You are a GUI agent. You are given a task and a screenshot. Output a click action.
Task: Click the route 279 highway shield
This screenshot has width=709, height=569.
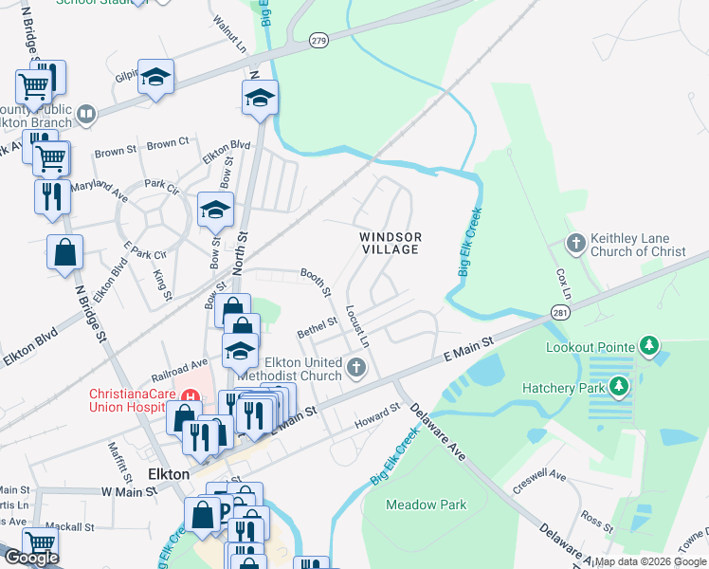click(x=318, y=40)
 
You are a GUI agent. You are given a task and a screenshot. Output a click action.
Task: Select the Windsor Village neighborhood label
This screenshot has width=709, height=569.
click(x=390, y=243)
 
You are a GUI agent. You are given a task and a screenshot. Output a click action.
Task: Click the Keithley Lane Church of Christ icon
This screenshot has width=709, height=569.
click(x=575, y=244)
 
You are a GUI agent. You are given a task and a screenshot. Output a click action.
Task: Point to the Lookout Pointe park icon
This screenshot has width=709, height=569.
click(x=649, y=346)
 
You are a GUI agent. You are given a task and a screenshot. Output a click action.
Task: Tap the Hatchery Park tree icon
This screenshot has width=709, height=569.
click(x=619, y=386)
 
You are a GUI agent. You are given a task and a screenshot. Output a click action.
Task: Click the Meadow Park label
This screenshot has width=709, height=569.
click(x=427, y=505)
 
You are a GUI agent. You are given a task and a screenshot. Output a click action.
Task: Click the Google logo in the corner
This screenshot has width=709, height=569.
click(x=31, y=558)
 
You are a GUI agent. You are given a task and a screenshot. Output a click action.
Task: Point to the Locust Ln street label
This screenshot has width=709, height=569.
click(x=357, y=325)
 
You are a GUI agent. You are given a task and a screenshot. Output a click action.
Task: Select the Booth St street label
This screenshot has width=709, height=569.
click(x=316, y=282)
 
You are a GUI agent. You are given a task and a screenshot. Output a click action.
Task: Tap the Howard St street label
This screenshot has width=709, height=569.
click(x=377, y=415)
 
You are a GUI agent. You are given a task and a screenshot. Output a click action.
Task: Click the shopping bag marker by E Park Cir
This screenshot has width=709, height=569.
click(x=64, y=254)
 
